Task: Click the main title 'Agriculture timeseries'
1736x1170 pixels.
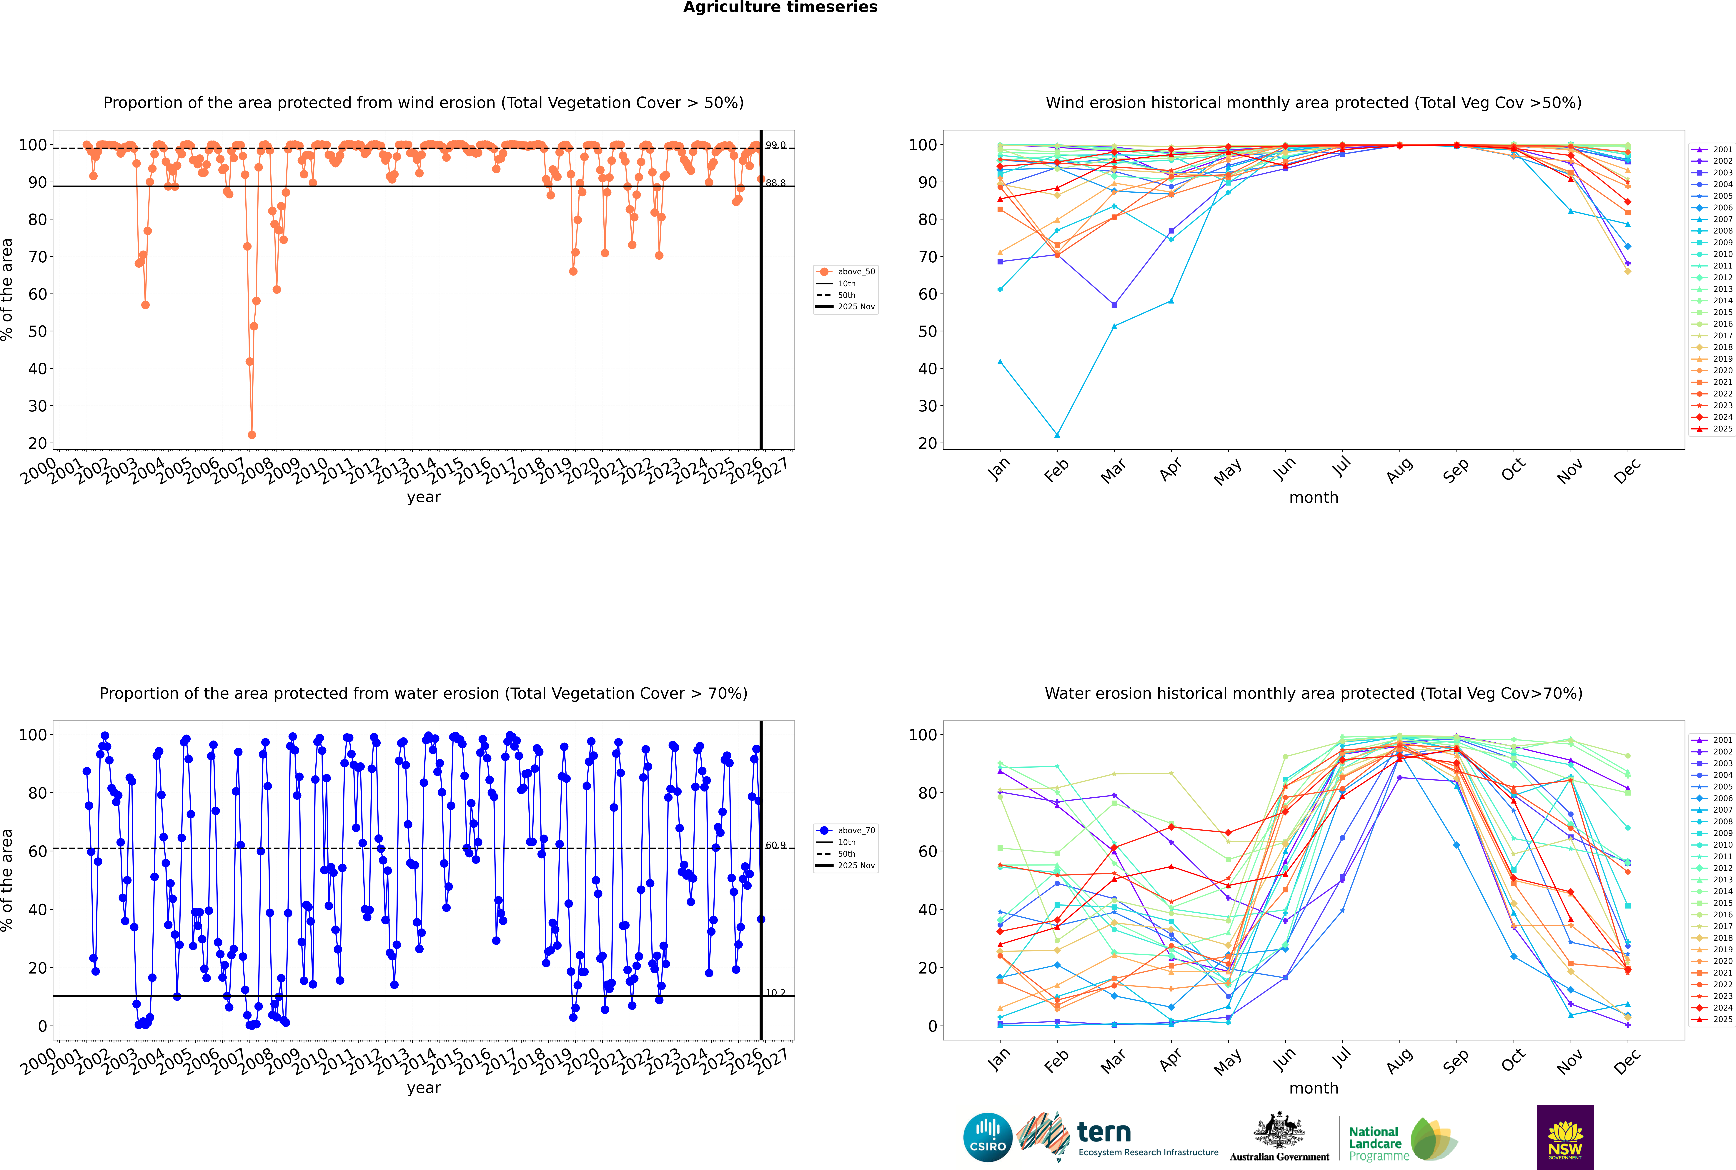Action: (x=780, y=7)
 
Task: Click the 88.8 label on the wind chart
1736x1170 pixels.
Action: (x=775, y=183)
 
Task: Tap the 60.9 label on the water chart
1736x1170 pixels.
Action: (x=775, y=845)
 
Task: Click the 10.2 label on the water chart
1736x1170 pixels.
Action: (x=775, y=992)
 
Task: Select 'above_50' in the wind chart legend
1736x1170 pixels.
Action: (x=856, y=272)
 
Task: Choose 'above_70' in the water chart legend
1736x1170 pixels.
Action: (x=856, y=831)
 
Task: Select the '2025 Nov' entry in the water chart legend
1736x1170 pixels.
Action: (x=856, y=866)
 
